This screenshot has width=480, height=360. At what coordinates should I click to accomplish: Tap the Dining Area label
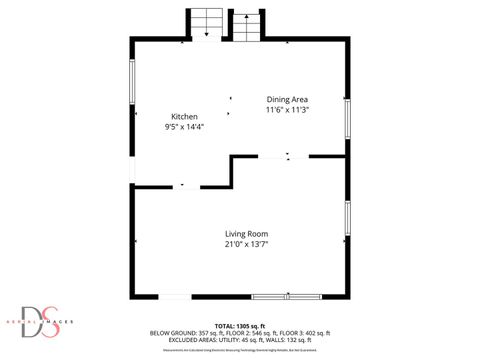286,99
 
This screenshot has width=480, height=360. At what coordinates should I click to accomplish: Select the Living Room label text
245,234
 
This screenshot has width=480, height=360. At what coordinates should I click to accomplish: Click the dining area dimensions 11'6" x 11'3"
286,110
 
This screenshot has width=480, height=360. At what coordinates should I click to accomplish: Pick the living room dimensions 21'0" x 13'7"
245,244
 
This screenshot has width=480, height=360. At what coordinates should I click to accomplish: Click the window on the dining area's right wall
348,118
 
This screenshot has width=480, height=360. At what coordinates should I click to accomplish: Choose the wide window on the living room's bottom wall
286,296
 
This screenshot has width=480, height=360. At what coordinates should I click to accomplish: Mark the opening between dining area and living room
289,156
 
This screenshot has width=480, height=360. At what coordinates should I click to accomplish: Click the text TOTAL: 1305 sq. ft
240,326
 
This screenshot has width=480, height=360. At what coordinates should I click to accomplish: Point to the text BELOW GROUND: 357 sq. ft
181,333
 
